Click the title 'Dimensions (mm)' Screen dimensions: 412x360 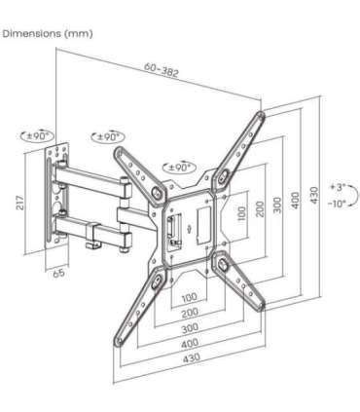(48, 34)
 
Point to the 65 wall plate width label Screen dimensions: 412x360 (60, 274)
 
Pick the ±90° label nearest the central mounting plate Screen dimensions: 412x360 (182, 168)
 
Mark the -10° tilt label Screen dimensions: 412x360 (338, 204)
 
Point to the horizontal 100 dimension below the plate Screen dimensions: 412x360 (188, 296)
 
